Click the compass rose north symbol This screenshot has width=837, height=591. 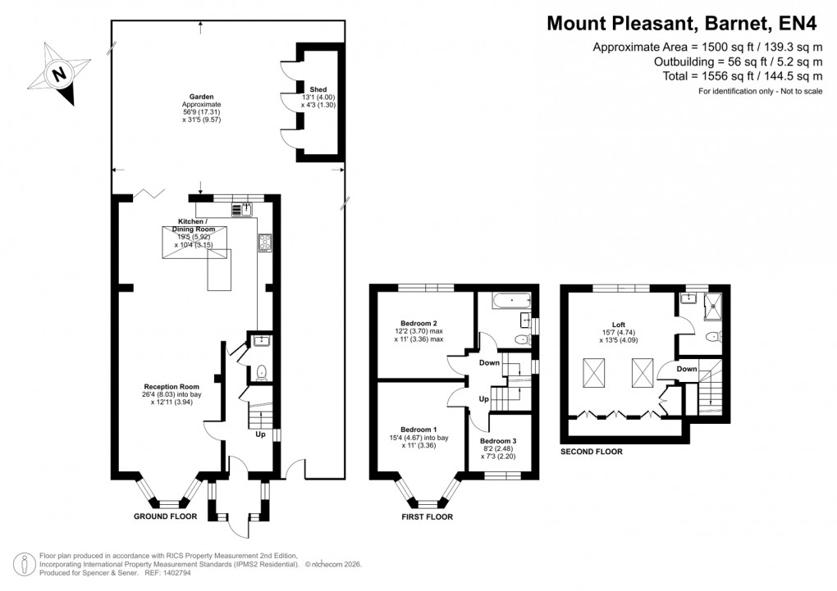click(x=58, y=75)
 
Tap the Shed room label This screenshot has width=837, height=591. click(x=318, y=89)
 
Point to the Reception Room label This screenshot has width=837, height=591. click(x=172, y=386)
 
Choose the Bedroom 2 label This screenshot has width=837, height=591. click(x=418, y=323)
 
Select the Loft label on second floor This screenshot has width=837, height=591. click(x=629, y=324)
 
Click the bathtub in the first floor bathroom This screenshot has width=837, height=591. click(x=511, y=302)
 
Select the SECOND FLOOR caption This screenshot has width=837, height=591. click(x=591, y=452)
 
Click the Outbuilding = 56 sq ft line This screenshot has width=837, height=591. click(x=738, y=61)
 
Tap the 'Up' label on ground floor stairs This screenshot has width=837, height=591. click(x=260, y=435)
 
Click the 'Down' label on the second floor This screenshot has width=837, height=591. click(x=687, y=369)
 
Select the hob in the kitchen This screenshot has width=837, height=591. click(x=265, y=242)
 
